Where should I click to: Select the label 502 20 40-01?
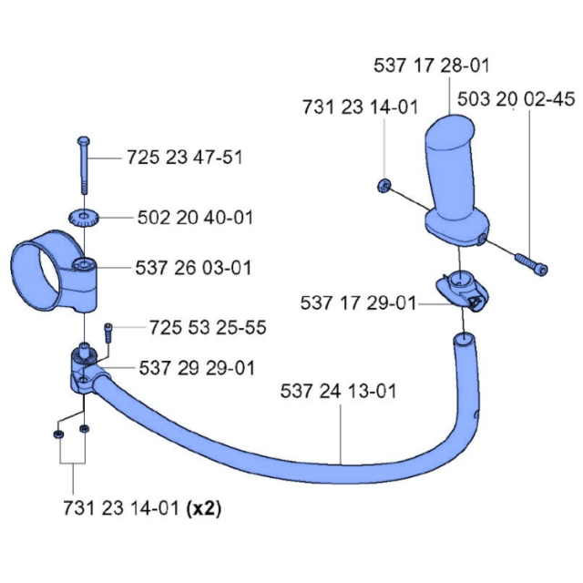[195, 218]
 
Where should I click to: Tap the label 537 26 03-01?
[193, 269]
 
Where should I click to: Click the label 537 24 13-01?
[339, 393]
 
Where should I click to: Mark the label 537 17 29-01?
[357, 302]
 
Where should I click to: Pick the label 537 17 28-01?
[431, 66]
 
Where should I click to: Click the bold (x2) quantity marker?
[203, 507]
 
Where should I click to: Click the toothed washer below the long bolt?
[82, 219]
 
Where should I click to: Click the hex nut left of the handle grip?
[384, 186]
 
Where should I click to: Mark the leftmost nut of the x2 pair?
[57, 435]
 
